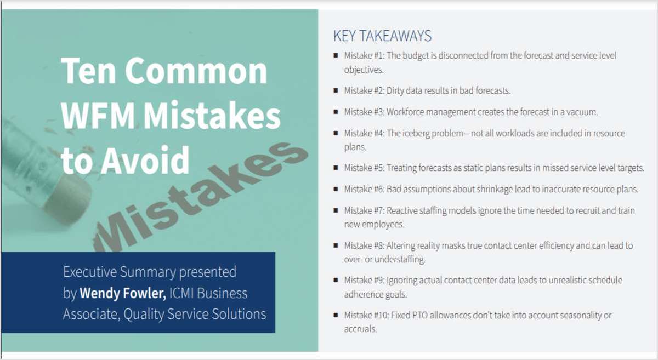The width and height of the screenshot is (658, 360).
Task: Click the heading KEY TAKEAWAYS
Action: (382, 36)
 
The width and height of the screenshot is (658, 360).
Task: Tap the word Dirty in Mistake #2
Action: (397, 90)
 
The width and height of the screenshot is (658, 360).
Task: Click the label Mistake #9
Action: (364, 280)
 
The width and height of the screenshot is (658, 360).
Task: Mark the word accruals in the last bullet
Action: (360, 329)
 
